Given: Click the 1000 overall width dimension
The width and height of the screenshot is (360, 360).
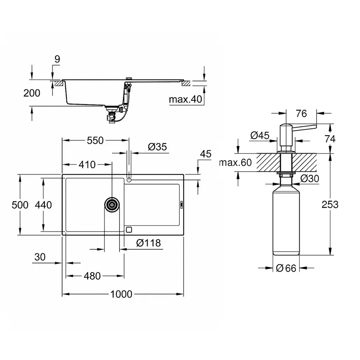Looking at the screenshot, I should (x=121, y=294).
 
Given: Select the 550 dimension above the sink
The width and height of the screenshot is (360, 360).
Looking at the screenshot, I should (x=95, y=140).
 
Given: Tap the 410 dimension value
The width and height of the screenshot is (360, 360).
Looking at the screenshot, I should (x=87, y=164).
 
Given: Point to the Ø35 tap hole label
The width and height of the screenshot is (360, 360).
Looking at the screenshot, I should (x=157, y=147).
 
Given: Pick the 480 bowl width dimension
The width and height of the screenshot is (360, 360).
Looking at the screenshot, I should (x=92, y=276).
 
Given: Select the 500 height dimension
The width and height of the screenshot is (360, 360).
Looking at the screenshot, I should (x=20, y=205).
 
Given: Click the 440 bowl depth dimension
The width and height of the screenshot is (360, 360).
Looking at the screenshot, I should (x=43, y=205).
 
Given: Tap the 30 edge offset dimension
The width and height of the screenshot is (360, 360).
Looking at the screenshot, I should (x=40, y=257).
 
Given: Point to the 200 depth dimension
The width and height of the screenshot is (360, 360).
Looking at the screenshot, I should (x=32, y=93).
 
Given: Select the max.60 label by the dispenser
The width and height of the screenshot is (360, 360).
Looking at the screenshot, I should (x=236, y=163).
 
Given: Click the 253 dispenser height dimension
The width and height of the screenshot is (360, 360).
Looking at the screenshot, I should (x=330, y=204).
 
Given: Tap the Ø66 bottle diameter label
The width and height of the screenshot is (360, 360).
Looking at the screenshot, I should (x=286, y=268).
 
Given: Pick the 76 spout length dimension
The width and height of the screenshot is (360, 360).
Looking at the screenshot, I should (x=302, y=114).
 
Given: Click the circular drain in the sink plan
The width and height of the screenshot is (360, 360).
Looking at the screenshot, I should (x=112, y=205).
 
